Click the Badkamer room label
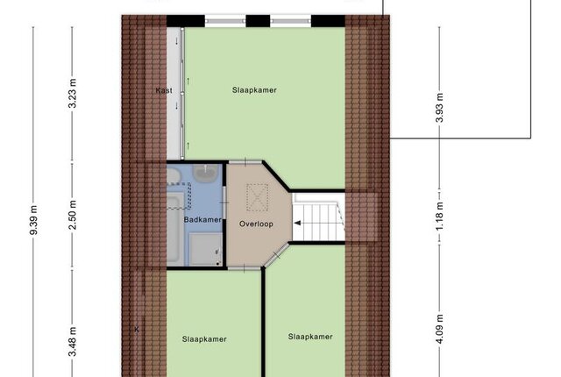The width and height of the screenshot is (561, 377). coord(202,219)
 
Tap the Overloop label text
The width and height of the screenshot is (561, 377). coord(256,224)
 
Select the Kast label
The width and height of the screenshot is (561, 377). coord(164,90)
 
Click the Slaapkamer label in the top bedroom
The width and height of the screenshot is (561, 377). coord(254,90)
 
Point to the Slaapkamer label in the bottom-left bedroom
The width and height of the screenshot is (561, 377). coord(204,339)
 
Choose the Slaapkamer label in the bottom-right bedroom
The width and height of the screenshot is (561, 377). coord(310,337)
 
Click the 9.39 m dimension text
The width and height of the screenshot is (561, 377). coord(33,220)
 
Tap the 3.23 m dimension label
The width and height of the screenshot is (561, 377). coord(72,93)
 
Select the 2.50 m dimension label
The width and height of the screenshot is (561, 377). coord(72,215)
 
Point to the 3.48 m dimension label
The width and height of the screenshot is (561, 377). coord(72,342)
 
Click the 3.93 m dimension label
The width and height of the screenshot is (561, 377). coord(439,108)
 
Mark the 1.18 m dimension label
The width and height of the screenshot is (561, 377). coord(439,216)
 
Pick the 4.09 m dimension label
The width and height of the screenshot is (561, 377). coord(439,329)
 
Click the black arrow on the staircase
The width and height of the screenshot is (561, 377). coord(297,224)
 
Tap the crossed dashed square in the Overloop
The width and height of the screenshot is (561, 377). coord(257,197)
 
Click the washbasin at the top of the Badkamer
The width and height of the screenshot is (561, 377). coord(206,172)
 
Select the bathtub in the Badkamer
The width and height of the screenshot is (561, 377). coord(175,228)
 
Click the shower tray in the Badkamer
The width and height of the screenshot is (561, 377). coord(205,249)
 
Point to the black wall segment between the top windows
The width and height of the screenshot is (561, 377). coord(258,21)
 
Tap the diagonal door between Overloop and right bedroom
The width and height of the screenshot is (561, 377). coord(276,254)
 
